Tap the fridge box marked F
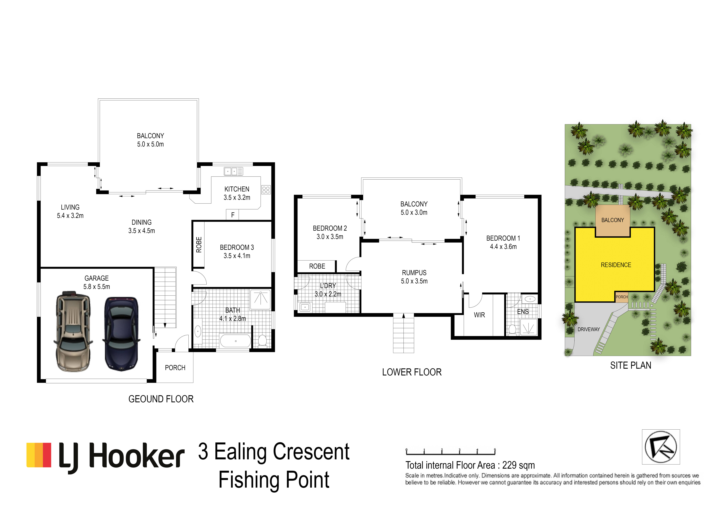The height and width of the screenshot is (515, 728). pos(232,215)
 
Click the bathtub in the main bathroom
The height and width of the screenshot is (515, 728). pos(236,341)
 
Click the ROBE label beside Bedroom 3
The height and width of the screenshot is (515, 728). pos(199,245)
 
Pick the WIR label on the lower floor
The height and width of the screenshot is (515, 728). pos(479,315)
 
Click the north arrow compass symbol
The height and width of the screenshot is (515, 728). pos(661,447)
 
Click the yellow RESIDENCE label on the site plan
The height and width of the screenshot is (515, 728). pos(616,265)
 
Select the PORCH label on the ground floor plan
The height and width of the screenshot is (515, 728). pos(175,368)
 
